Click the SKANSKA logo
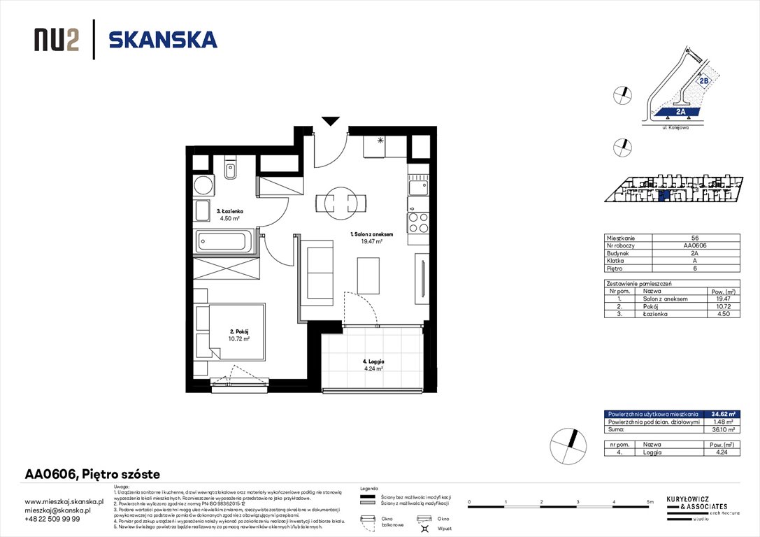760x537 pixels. [x=163, y=40]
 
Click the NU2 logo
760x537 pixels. [x=56, y=41]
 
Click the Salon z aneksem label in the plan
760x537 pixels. [x=371, y=238]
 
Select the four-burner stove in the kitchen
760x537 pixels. [x=417, y=222]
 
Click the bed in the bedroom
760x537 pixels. [x=231, y=331]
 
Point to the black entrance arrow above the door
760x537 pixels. [x=329, y=121]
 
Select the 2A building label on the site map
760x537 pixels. [x=680, y=111]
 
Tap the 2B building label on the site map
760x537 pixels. [x=703, y=80]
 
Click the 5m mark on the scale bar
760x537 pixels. [x=650, y=503]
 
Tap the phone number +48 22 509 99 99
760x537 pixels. [x=52, y=519]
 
